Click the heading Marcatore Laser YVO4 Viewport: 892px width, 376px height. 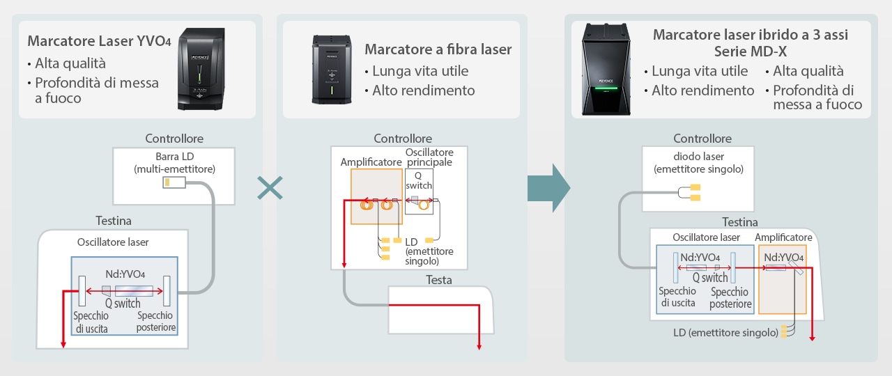tap(99, 41)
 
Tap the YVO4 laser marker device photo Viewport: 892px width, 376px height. tap(201, 69)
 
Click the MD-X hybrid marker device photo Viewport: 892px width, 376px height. tap(604, 70)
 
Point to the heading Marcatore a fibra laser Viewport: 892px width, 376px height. tap(438, 49)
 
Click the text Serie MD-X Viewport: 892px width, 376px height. tap(750, 52)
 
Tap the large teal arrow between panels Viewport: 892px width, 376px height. tap(549, 188)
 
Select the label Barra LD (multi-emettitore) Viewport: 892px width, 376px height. tap(174, 162)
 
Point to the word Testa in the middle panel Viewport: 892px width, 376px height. tap(438, 280)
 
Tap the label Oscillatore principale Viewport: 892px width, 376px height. tap(429, 157)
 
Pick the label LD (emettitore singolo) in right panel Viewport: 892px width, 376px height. tap(725, 332)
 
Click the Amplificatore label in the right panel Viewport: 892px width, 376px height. tap(783, 237)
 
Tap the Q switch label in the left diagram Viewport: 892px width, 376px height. tap(123, 303)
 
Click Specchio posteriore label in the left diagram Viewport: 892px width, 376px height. tap(156, 321)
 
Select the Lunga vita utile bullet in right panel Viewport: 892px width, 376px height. tap(699, 71)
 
